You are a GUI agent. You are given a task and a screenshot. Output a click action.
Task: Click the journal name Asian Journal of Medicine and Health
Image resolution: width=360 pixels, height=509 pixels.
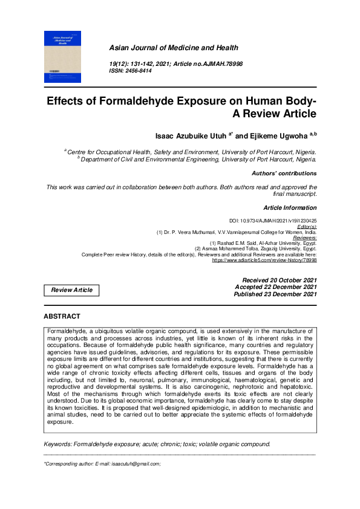pos(173,48)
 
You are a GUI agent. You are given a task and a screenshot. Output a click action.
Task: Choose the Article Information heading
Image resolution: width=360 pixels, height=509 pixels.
pos(290,207)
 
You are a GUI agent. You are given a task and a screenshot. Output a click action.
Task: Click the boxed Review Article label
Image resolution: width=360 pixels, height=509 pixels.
pos(71,290)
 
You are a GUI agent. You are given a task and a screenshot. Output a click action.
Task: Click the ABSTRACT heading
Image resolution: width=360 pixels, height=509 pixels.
pos(62,316)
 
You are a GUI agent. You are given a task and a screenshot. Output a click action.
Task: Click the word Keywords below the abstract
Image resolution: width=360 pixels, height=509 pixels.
pos(58,427)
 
